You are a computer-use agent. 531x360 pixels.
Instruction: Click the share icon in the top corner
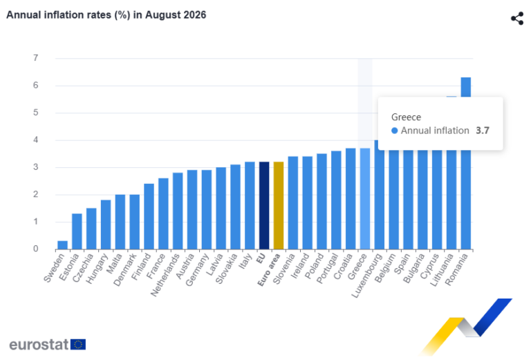point(517,18)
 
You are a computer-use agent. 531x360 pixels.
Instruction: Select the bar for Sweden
point(63,245)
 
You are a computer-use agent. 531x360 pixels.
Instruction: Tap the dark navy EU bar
point(264,206)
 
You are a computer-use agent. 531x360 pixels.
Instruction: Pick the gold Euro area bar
point(279,206)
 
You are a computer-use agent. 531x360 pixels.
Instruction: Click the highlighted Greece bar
point(365,199)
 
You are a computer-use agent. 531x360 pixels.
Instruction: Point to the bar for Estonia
point(77,231)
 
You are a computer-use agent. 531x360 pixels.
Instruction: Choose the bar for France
point(163,214)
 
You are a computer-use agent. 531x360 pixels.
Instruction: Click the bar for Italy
point(250,206)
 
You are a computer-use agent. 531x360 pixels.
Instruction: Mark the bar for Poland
point(322,202)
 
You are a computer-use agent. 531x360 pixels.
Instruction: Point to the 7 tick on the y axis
point(35,58)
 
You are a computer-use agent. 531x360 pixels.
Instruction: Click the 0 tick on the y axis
point(35,249)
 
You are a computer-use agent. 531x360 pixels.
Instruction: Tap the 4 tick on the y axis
point(35,140)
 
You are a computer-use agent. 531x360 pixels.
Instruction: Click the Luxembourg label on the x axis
point(364,276)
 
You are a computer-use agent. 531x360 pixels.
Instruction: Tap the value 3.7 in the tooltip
point(483,131)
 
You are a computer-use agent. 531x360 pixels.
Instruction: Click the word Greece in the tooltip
point(406,117)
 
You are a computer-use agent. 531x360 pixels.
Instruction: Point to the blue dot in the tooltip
point(395,131)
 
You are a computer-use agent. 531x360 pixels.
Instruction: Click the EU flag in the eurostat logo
point(78,344)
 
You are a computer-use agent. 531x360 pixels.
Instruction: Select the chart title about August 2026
point(106,15)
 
